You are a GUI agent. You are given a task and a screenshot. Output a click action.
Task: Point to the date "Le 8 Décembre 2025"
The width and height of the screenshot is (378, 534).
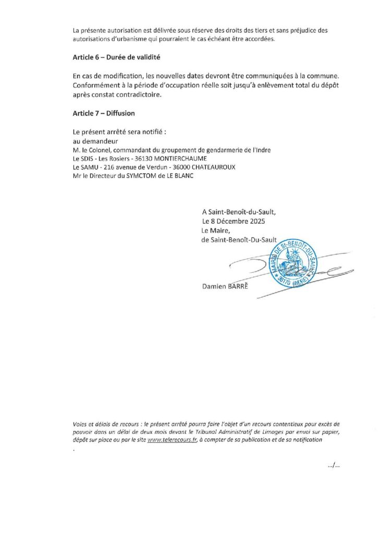tap(234, 221)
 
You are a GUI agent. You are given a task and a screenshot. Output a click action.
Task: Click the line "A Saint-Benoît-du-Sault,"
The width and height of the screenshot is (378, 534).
tap(238, 212)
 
